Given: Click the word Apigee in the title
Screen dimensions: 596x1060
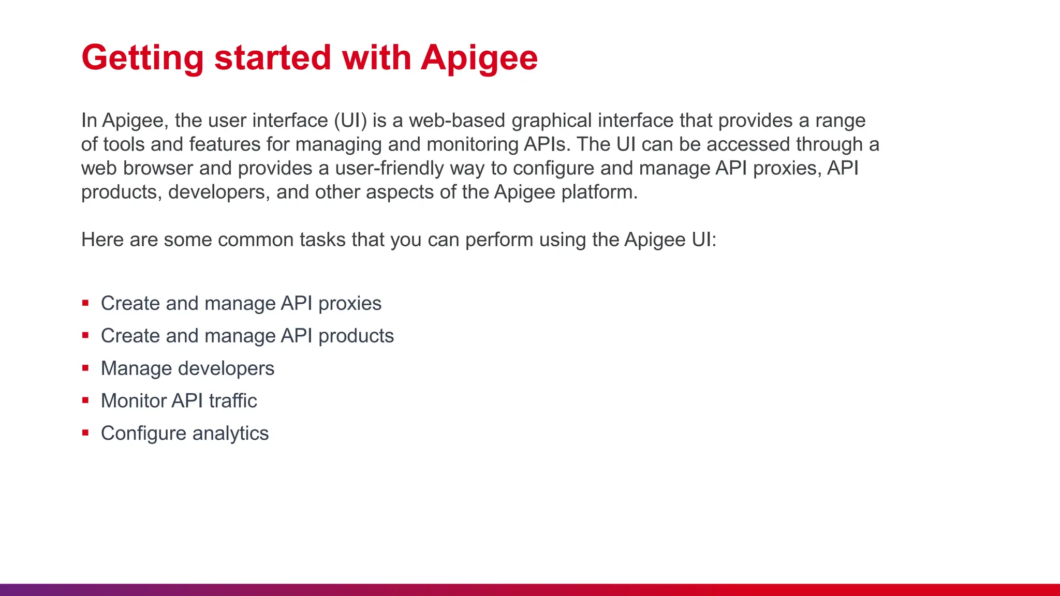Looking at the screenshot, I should [x=479, y=58].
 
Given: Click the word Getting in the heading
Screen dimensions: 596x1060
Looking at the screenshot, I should [x=142, y=58].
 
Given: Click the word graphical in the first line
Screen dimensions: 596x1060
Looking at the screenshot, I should [x=551, y=121].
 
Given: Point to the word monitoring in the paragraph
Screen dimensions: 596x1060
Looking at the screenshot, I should [x=472, y=144].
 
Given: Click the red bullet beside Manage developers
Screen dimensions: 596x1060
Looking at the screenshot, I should [x=85, y=368].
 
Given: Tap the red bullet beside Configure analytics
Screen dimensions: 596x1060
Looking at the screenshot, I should [x=85, y=433].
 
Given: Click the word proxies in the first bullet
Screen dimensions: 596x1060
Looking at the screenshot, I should [x=349, y=304].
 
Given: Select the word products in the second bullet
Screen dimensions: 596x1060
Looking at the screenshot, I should [x=356, y=336].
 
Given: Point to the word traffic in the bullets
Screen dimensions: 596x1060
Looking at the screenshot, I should [x=232, y=401].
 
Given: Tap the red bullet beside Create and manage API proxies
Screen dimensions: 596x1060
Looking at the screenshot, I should [x=85, y=303].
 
